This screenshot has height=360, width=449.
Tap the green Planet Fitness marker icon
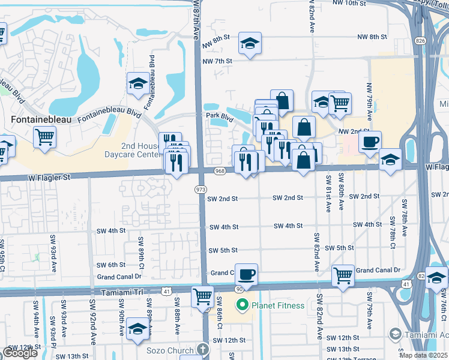243,305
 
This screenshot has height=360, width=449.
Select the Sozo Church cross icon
203,350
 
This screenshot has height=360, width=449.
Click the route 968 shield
220,171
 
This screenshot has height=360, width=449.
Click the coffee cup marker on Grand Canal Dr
246,275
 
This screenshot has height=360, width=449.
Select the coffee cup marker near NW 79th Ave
370,142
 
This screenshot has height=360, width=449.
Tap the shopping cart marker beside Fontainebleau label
44,137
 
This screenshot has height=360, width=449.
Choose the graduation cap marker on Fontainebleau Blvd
138,83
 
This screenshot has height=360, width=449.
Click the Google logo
19,353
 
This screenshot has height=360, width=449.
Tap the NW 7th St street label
217,61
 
